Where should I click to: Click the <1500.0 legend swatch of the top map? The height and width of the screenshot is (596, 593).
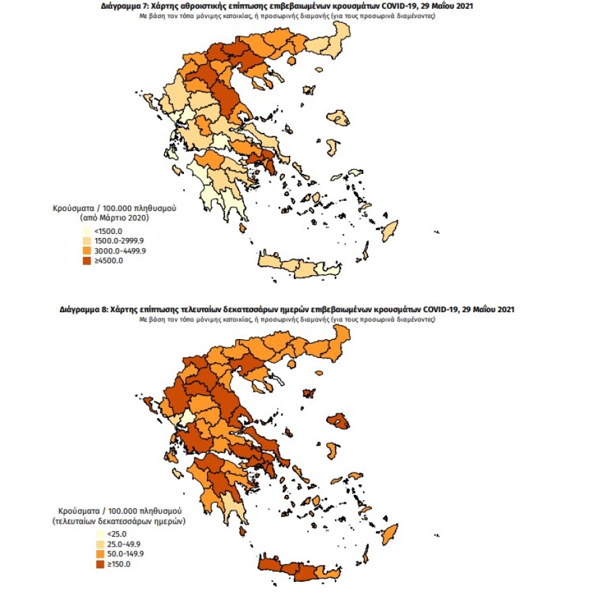(x=87, y=231)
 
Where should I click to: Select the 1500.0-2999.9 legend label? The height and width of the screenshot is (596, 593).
(x=119, y=241)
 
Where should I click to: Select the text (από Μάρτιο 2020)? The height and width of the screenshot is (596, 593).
(x=114, y=218)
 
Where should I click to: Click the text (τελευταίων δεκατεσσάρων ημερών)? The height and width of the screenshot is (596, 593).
(x=119, y=522)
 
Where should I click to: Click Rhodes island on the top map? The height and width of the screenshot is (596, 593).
(x=389, y=230)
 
